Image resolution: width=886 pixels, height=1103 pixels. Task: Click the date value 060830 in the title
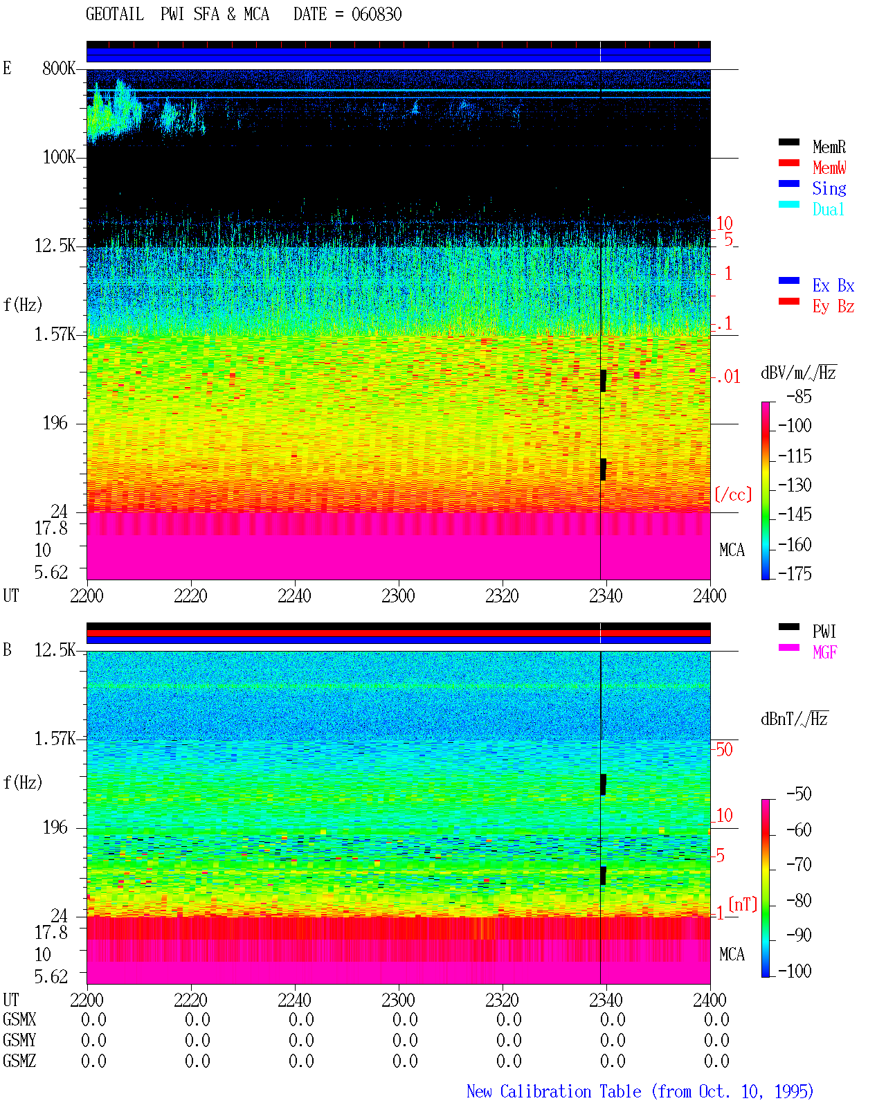click(376, 14)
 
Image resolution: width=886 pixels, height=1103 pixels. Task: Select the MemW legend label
click(829, 168)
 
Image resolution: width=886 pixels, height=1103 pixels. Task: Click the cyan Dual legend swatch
click(788, 204)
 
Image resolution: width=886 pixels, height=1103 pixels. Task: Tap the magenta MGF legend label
click(824, 652)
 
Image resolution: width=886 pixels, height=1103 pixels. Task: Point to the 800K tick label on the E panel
click(59, 68)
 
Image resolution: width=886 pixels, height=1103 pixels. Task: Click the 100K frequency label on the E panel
click(59, 157)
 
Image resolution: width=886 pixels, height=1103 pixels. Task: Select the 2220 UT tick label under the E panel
click(190, 595)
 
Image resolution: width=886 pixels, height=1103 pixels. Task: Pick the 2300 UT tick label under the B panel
click(398, 1000)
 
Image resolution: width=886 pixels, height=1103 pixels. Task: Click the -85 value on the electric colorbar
click(799, 396)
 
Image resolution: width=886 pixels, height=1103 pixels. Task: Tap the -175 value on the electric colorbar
click(795, 573)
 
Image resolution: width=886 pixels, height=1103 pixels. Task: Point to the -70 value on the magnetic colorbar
click(799, 864)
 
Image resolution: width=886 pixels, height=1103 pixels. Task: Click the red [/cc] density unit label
click(733, 494)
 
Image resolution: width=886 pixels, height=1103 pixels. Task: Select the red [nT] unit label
click(743, 904)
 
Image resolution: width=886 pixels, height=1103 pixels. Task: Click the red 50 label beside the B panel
click(724, 749)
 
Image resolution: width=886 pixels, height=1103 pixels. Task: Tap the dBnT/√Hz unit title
click(795, 719)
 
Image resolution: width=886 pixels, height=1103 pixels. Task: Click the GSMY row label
click(19, 1040)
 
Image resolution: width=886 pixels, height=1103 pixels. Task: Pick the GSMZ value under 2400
click(716, 1061)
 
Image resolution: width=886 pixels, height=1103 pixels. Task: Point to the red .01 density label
click(727, 377)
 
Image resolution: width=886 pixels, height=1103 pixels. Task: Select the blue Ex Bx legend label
click(833, 285)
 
